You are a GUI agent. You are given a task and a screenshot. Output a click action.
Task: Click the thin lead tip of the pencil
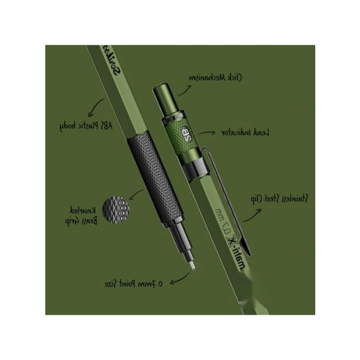click(x=193, y=265)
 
